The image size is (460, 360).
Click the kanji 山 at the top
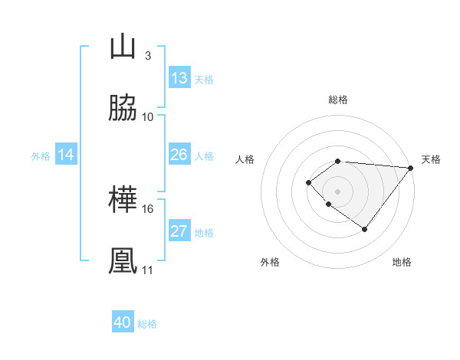point(123,47)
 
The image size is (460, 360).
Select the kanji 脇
point(123,108)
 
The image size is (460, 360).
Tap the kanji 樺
point(123,201)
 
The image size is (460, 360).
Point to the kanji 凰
point(123,261)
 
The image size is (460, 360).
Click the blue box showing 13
point(179,78)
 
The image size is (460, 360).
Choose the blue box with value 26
point(179,155)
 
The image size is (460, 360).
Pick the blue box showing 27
point(179,231)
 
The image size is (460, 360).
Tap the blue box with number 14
point(66,155)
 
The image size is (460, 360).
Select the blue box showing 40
point(123,322)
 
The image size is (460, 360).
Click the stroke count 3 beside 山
point(147,56)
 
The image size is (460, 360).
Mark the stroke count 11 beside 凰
point(147,270)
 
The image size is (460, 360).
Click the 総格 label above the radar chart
point(338,100)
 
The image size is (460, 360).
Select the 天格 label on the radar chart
point(432,159)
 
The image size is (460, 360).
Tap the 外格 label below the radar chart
point(270,262)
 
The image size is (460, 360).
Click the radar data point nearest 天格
point(411,167)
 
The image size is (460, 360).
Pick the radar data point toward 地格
point(365,229)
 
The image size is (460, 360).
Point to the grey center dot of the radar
point(338,191)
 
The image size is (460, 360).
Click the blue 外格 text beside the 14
point(41,155)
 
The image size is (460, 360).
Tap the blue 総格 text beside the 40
point(147,324)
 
